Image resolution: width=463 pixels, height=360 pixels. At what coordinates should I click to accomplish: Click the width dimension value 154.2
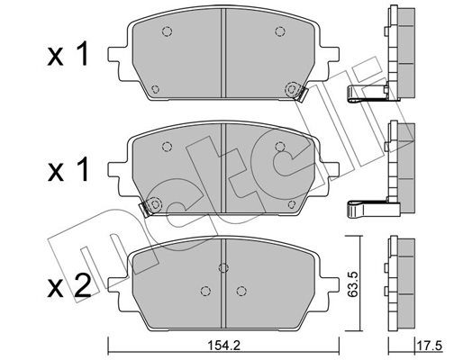pos(224,346)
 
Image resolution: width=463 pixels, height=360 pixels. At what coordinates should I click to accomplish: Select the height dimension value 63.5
pos(353,284)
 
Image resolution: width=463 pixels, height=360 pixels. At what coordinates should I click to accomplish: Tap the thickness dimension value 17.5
pos(430,346)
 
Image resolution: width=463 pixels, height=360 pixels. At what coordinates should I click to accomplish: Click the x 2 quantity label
pos(68,285)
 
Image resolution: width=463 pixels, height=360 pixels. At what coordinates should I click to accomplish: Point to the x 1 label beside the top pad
pos(68,54)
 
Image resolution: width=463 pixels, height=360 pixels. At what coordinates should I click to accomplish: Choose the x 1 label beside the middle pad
pos(68,169)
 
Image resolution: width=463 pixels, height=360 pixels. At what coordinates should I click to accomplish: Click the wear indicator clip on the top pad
pos(301,94)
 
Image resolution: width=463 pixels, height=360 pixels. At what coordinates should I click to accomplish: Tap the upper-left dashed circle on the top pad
pos(167,31)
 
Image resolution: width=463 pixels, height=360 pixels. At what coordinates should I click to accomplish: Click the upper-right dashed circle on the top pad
pos(280,31)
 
